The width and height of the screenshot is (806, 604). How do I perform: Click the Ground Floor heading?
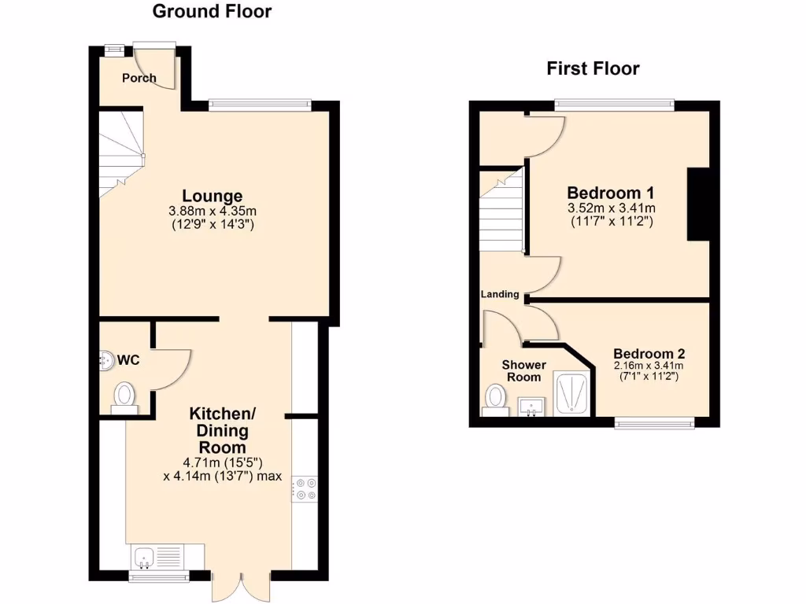tap(212, 11)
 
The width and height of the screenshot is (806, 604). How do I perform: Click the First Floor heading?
tap(593, 68)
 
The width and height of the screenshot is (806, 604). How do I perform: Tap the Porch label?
tap(139, 78)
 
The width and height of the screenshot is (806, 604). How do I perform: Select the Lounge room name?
tap(212, 196)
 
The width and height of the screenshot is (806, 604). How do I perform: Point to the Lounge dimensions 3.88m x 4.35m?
tap(212, 211)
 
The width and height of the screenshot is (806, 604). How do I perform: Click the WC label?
tap(128, 360)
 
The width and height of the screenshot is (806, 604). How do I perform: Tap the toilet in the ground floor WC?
tap(124, 396)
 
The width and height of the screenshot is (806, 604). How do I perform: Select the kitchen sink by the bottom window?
tap(145, 558)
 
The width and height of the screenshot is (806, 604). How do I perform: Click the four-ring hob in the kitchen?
tap(304, 488)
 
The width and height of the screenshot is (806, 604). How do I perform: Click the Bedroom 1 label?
tap(612, 193)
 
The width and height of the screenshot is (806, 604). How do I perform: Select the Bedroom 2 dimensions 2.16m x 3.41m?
tap(649, 366)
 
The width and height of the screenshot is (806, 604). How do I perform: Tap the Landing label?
tap(501, 295)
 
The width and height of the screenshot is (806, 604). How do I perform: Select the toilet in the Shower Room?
tap(495, 397)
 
